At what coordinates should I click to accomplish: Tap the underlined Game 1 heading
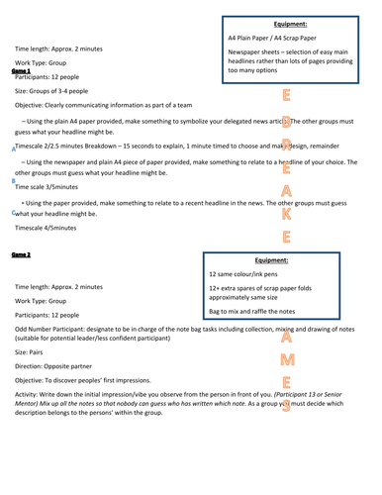pyautogui.click(x=21, y=71)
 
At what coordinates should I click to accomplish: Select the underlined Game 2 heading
pyautogui.click(x=21, y=254)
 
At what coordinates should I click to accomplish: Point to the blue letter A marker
pyautogui.click(x=12, y=149)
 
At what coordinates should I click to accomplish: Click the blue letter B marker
pyautogui.click(x=12, y=181)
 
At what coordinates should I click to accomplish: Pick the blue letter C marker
pyautogui.click(x=12, y=212)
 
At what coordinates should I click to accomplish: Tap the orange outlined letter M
pyautogui.click(x=286, y=359)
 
